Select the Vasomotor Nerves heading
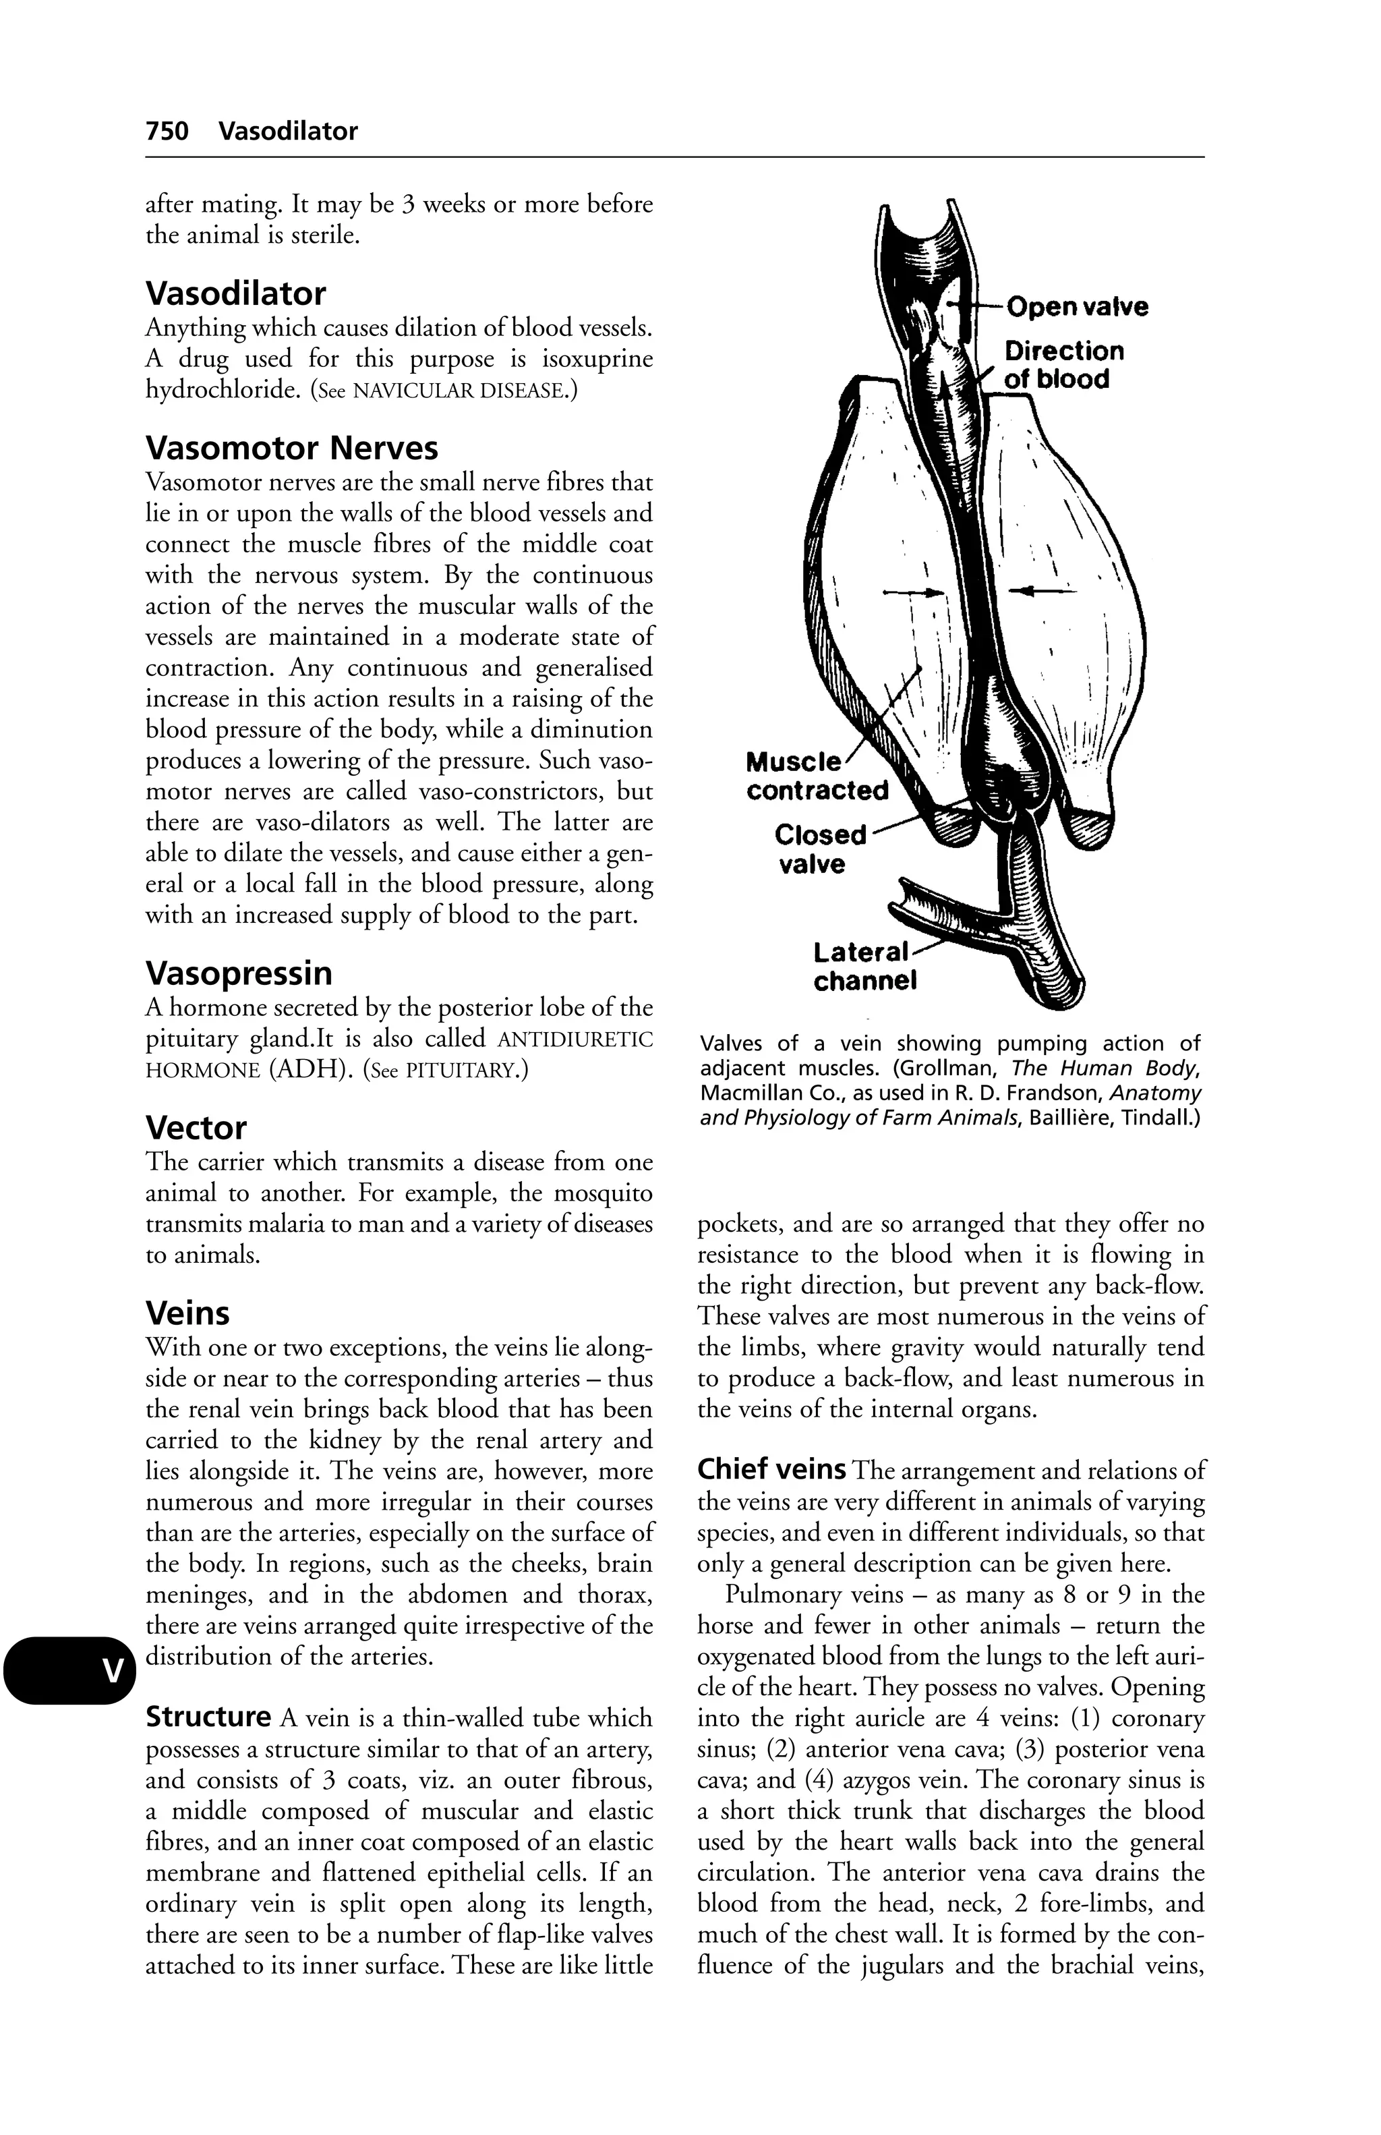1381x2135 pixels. tap(291, 448)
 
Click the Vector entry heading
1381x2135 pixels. tap(196, 1128)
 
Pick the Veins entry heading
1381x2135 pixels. tap(187, 1313)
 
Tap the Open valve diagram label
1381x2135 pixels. tap(1076, 307)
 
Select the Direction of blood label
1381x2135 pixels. tap(1063, 364)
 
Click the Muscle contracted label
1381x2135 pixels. tap(816, 777)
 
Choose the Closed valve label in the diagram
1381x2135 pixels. tap(820, 849)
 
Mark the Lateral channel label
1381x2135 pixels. tap(864, 965)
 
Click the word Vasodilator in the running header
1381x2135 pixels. tap(288, 132)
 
